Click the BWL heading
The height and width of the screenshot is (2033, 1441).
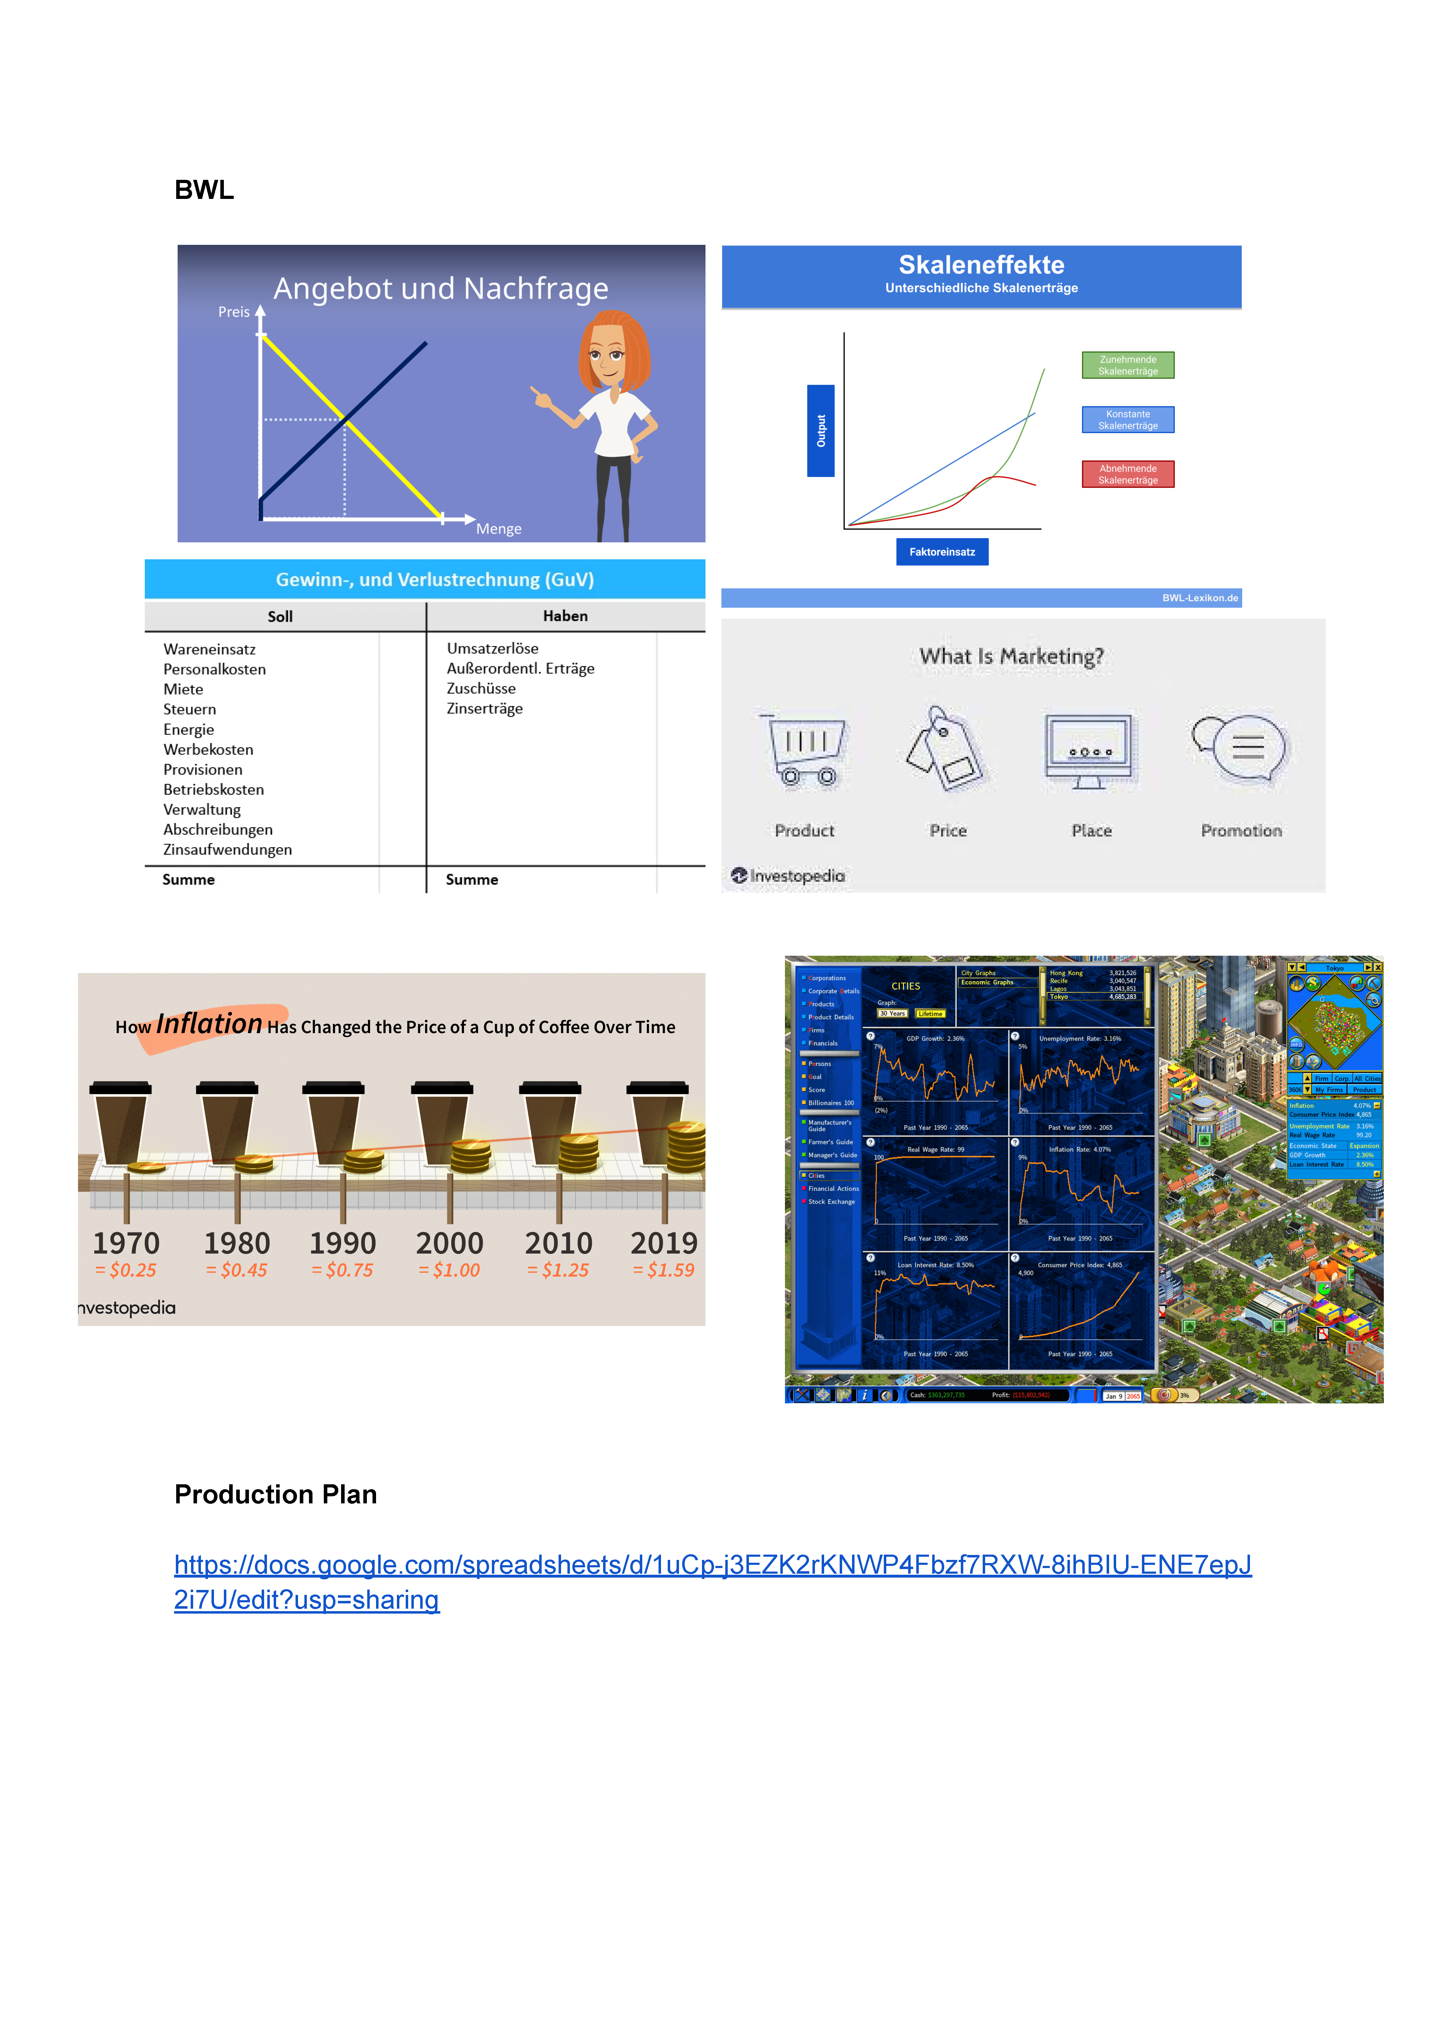204,190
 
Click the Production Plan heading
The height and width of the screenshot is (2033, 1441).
275,1494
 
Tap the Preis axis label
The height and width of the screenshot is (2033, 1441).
233,312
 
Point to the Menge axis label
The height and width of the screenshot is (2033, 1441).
499,529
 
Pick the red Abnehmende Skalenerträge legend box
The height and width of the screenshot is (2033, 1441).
1128,474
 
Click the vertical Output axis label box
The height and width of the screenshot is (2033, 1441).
821,431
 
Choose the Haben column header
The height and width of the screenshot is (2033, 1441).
565,616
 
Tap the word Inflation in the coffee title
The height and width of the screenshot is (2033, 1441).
209,1025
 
